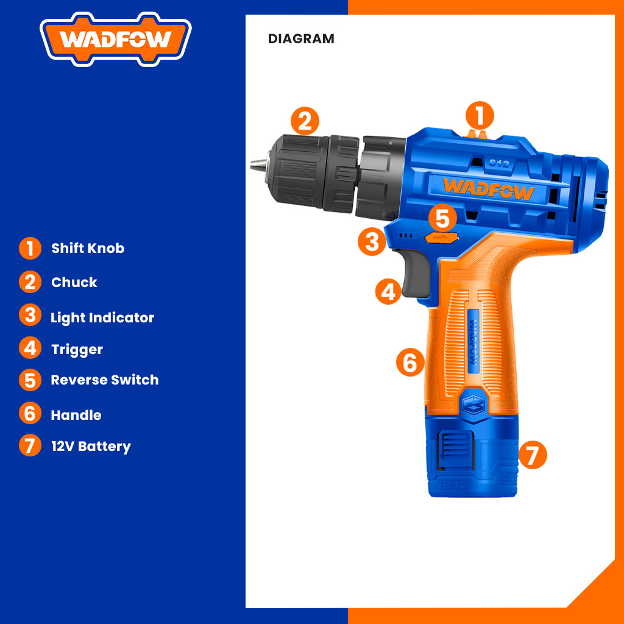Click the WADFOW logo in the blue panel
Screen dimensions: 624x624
[x=115, y=39]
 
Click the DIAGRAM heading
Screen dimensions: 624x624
[x=301, y=39]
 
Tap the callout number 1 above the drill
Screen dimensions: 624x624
[x=480, y=115]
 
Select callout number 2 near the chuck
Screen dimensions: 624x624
[x=305, y=121]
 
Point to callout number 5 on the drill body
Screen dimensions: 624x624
[x=442, y=218]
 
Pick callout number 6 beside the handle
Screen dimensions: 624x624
[x=410, y=362]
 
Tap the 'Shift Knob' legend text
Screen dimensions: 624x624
[x=88, y=249]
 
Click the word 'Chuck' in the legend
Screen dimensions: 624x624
[x=74, y=282]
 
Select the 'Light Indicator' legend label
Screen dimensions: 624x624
[x=102, y=317]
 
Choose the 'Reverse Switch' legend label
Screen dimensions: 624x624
[x=105, y=380]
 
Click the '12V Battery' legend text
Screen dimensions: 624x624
[x=91, y=447]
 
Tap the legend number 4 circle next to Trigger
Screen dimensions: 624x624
[x=30, y=348]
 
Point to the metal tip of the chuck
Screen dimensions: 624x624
[x=259, y=163]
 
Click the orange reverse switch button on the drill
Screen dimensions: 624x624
[x=442, y=238]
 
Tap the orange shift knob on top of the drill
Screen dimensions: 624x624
[x=477, y=135]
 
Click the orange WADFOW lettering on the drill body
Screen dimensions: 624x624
[x=488, y=189]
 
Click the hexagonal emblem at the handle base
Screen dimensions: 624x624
[x=473, y=406]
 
